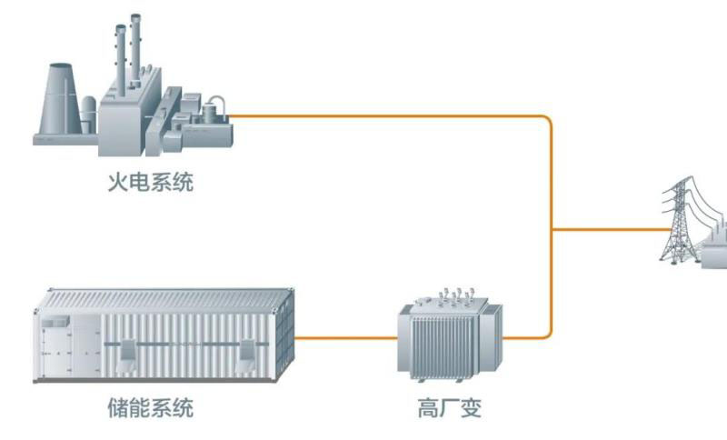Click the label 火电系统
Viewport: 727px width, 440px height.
(x=150, y=183)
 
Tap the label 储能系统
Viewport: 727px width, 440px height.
(x=150, y=406)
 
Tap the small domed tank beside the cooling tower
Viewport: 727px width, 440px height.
(x=87, y=115)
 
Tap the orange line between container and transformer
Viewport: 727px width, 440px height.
(x=346, y=338)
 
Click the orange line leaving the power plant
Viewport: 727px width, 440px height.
(x=382, y=116)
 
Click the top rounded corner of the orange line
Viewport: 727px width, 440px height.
(x=547, y=121)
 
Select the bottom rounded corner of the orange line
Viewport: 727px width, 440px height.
(x=547, y=334)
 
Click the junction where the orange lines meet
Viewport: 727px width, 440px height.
(x=552, y=229)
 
